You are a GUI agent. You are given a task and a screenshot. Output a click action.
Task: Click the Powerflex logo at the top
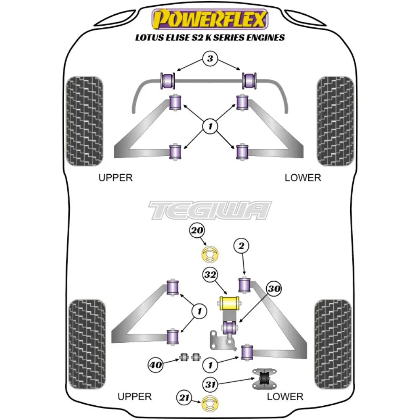coord(210,19)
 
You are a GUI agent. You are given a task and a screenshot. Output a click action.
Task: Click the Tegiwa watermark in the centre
coord(210,210)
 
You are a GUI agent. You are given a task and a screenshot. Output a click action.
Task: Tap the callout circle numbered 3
coord(210,59)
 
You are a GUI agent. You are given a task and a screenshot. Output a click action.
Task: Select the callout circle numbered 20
coord(197,231)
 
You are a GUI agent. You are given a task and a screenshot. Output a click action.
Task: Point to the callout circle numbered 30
coord(273,289)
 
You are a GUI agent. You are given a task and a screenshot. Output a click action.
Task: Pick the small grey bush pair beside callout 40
coord(189,357)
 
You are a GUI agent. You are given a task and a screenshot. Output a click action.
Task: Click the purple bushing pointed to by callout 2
coord(244,284)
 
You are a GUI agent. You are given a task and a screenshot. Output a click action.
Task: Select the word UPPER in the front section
coord(115,178)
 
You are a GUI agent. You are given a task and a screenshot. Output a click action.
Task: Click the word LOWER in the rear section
coord(285,396)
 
